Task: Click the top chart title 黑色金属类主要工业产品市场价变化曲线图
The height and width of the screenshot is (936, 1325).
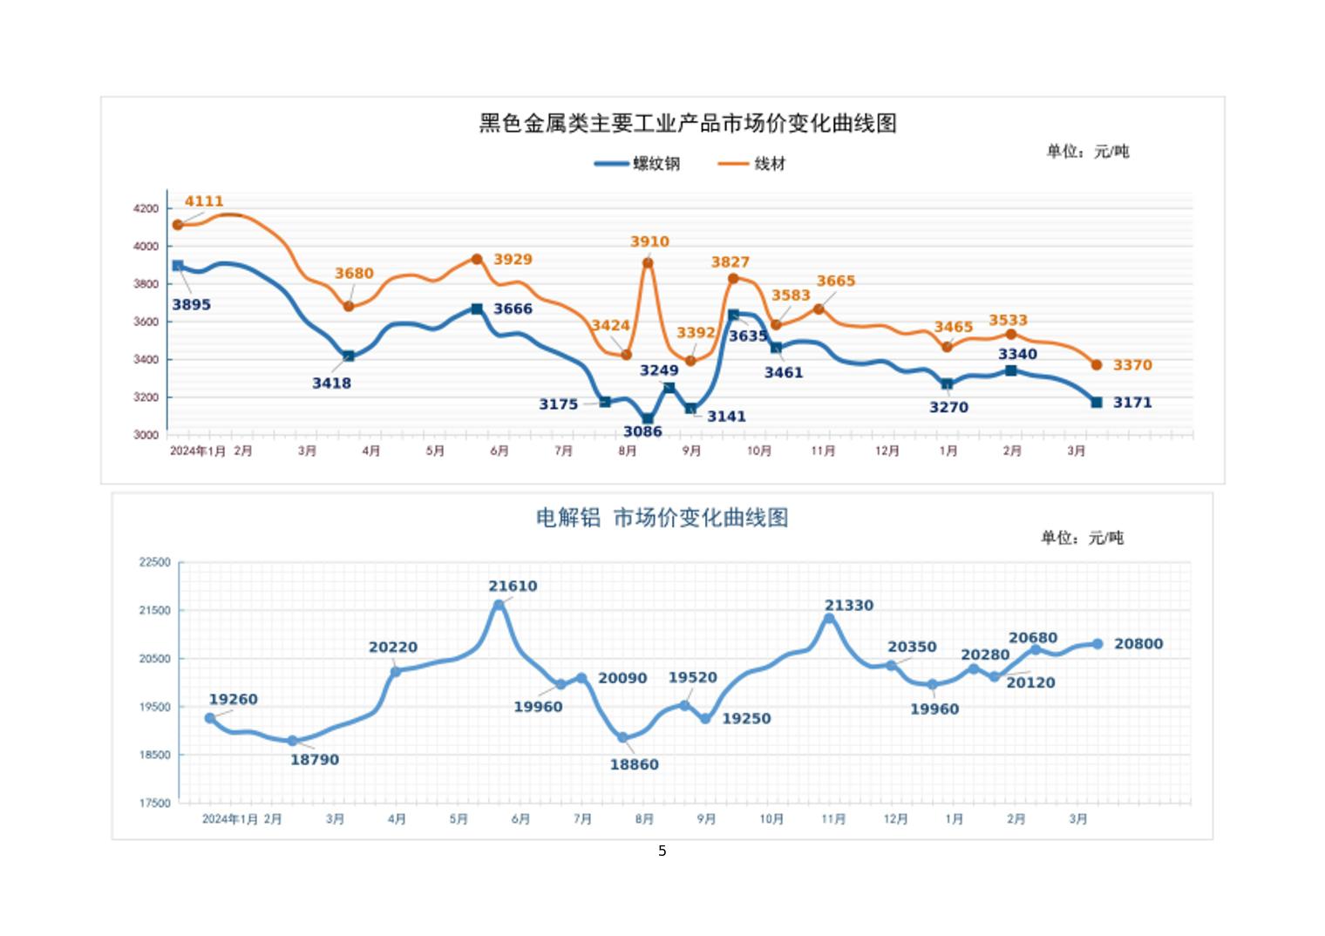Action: pos(688,123)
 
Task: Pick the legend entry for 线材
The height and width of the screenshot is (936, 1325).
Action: pos(752,164)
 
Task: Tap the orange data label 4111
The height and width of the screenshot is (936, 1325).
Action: pos(204,201)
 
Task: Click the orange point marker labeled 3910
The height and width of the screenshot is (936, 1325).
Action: pos(648,263)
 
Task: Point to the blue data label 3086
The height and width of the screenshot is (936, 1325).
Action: pos(642,431)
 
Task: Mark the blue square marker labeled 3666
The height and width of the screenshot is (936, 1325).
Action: pos(477,309)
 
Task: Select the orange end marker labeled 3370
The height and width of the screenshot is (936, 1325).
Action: pos(1097,365)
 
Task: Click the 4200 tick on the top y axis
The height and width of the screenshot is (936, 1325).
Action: pos(146,208)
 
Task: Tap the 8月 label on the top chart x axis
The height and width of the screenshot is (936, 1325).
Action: pos(628,451)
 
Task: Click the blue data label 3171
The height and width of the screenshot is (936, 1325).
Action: pos(1132,403)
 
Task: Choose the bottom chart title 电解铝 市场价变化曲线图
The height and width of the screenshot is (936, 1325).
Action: pos(662,518)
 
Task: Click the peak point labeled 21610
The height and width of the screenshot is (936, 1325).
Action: pos(499,604)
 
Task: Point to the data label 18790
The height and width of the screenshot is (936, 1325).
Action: pos(315,760)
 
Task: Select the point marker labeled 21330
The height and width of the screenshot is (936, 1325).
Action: pos(829,619)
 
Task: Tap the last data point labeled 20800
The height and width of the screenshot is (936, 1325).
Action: pos(1097,644)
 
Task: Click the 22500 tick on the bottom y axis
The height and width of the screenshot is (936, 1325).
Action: pos(155,562)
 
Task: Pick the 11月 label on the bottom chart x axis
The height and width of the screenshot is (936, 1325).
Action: pos(833,819)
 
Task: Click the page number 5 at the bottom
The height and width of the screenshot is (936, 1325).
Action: pos(662,851)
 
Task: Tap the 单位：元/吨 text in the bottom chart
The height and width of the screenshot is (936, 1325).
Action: pos(1082,538)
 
